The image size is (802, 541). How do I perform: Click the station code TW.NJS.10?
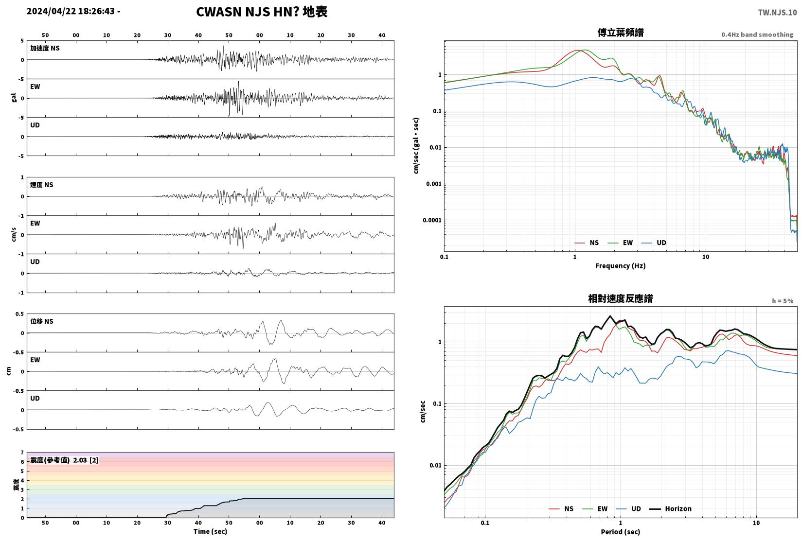[777, 13]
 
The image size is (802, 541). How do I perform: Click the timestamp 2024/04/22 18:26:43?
[71, 11]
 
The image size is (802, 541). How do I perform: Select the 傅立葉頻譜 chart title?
[621, 33]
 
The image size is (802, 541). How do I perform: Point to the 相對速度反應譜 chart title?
[621, 298]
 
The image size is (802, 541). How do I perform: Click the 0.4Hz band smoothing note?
[757, 35]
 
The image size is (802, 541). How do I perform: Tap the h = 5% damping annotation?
[783, 301]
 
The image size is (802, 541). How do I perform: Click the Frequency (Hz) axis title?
[620, 266]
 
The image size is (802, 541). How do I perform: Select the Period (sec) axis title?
[620, 532]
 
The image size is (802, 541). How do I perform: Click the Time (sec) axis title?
[210, 532]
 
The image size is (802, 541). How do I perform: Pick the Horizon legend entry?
[678, 509]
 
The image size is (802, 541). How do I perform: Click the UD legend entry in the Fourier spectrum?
[661, 243]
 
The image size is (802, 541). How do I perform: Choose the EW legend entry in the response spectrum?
[602, 509]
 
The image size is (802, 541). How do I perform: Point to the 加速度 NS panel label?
[45, 48]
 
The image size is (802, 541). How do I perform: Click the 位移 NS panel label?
[41, 321]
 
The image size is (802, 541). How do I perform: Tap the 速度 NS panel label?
[41, 185]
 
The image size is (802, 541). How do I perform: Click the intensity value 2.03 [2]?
[86, 460]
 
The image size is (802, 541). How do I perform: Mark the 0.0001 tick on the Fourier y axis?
[432, 220]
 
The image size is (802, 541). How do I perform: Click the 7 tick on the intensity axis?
[22, 453]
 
